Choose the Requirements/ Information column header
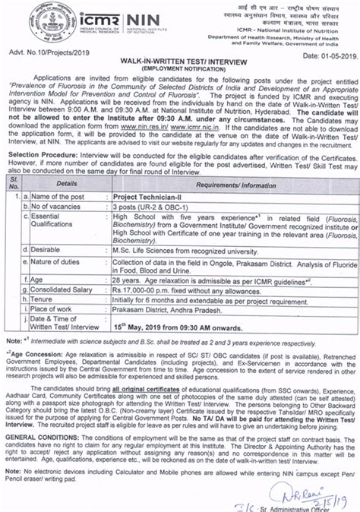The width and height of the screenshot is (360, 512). coord(238,205)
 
